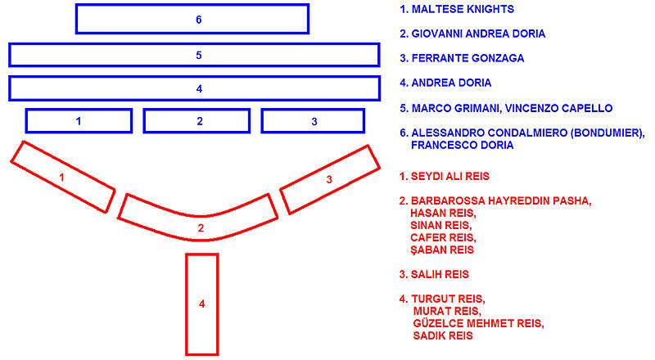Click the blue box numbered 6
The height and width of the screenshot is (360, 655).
coord(192,6)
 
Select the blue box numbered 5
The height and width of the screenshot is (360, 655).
coord(194,44)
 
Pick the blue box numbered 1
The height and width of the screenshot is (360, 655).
coord(79,110)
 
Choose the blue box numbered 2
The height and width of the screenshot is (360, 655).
coord(196,110)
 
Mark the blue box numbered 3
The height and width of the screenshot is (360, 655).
coord(313,110)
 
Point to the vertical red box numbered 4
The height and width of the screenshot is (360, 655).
coord(187,304)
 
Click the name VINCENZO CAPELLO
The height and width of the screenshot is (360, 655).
coord(558,108)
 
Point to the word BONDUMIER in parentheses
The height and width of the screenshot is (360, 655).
coord(608,133)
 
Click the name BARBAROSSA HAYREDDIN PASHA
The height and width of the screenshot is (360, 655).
coord(500,201)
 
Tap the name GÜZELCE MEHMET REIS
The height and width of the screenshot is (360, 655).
coord(478,323)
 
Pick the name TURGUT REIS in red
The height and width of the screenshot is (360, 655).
coord(447,299)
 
